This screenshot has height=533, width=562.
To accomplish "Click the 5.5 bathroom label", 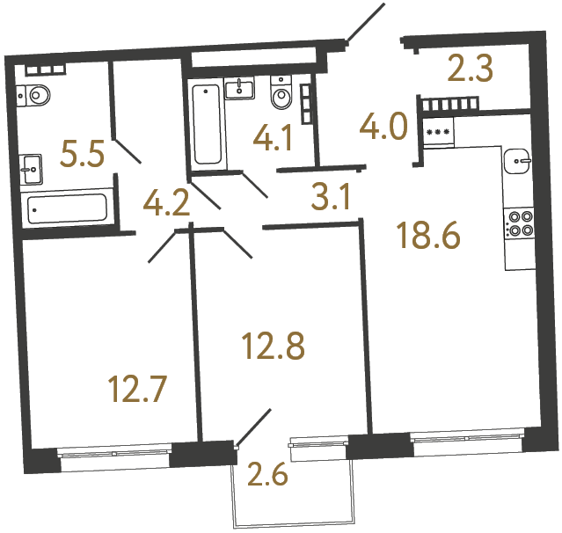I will (x=82, y=157).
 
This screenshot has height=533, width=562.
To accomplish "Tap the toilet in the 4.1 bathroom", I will (x=281, y=97).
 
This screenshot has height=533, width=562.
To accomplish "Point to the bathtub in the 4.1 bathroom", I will (x=208, y=124).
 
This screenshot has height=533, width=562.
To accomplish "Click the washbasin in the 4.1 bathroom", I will (x=239, y=88).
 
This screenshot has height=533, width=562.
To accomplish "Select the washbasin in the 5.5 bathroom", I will (x=31, y=164).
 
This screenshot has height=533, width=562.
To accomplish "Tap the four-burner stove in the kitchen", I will (x=519, y=223).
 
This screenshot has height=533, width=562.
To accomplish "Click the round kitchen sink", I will (x=517, y=161).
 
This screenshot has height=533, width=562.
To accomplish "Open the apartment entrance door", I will (x=365, y=23).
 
